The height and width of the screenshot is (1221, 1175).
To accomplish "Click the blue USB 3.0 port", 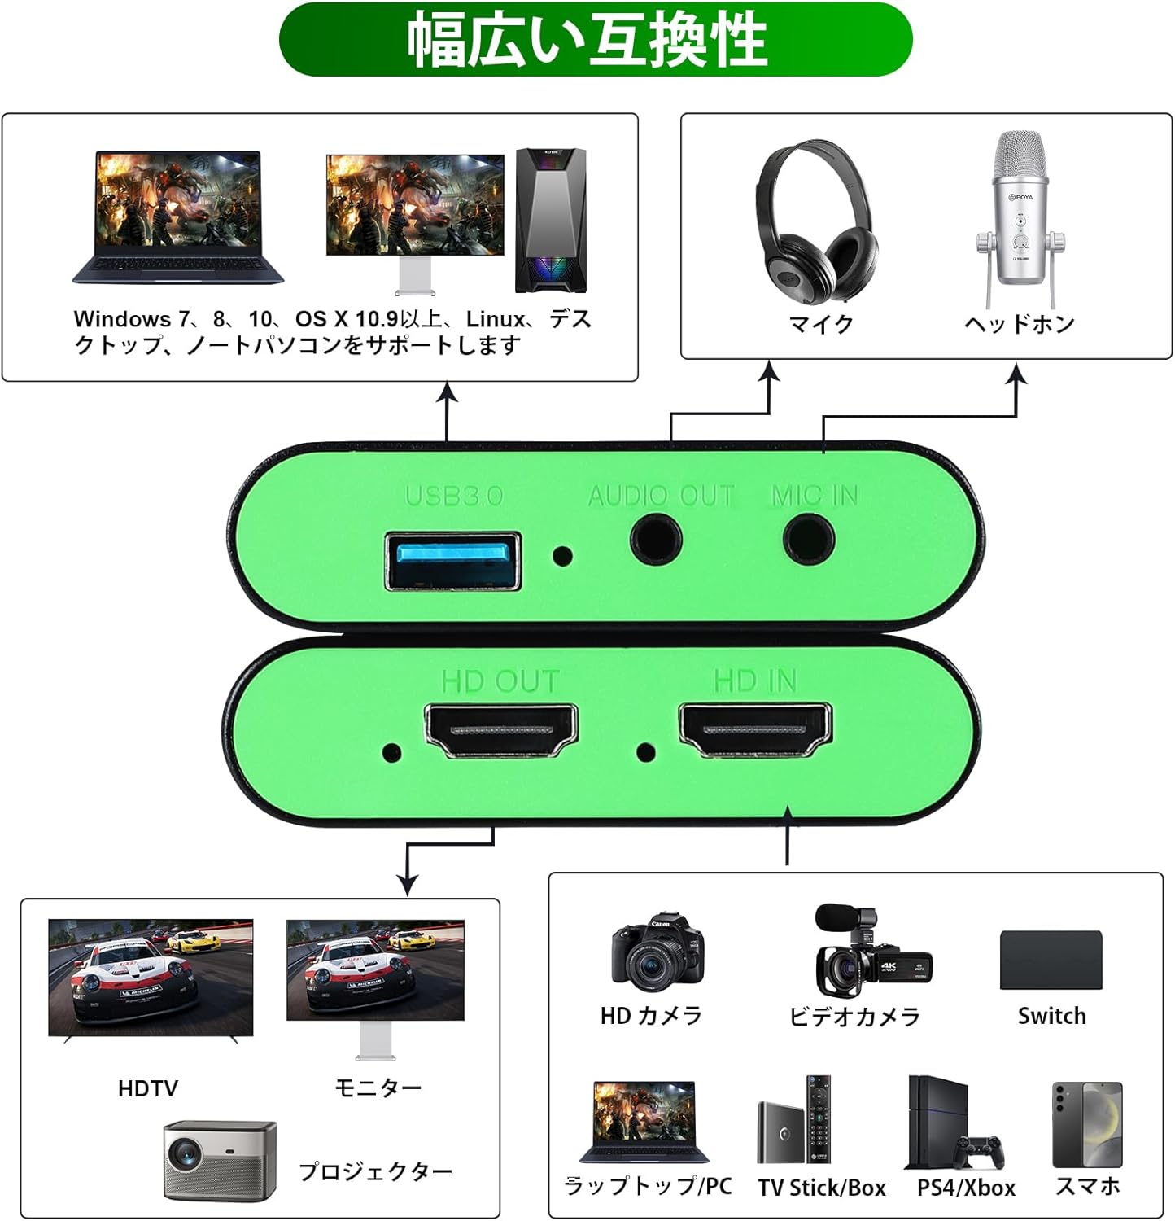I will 453,561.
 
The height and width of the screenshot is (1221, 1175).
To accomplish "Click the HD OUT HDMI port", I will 501,730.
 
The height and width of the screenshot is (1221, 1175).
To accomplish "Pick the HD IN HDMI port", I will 756,729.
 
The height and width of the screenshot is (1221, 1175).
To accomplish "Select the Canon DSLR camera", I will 657,951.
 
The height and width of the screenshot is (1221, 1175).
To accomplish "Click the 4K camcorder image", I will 871,952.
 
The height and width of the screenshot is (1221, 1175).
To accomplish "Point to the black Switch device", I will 1051,961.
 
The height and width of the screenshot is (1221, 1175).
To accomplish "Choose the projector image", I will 219,1159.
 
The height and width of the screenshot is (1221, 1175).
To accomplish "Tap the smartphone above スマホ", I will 1087,1124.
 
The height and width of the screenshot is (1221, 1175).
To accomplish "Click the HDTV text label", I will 147,1088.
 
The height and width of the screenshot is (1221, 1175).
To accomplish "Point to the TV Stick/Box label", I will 822,1188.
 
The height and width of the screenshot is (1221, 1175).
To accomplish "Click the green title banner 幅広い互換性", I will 595,40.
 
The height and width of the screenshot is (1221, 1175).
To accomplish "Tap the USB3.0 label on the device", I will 454,496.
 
